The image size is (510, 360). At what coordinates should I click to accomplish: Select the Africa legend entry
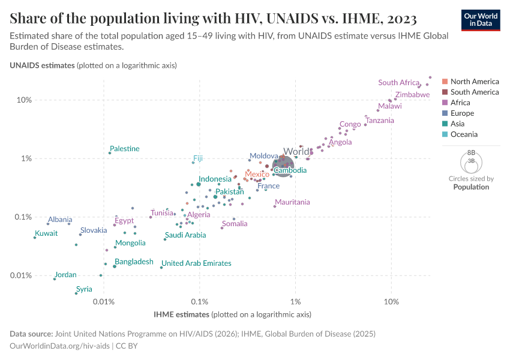[x=460, y=103]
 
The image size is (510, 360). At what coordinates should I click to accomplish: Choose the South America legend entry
[x=474, y=92]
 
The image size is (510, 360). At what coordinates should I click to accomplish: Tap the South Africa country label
[x=399, y=83]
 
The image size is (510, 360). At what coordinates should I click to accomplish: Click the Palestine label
[x=125, y=149]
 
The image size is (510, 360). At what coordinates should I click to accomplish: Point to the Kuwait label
[x=46, y=233]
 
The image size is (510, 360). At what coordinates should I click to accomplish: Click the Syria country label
[x=84, y=289]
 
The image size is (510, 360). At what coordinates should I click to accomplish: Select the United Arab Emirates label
[x=196, y=263]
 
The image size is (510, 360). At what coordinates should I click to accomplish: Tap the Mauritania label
[x=292, y=202]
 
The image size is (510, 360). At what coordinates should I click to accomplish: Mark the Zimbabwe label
[x=412, y=95]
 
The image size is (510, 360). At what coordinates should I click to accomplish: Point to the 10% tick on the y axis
[x=24, y=100]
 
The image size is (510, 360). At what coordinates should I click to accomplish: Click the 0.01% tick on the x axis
[x=104, y=300]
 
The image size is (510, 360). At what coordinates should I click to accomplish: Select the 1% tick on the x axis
[x=295, y=300]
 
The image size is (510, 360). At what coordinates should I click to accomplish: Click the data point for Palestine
[x=110, y=153]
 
